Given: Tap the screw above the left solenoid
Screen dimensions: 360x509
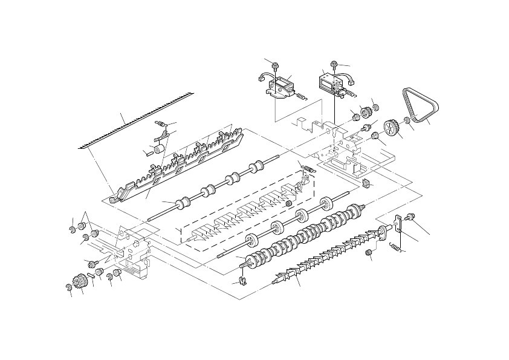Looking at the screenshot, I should (276, 62).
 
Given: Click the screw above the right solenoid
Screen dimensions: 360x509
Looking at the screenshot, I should (334, 63).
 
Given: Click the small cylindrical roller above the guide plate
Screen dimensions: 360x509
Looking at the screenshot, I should (160, 149).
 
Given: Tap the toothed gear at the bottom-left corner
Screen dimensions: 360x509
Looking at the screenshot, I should (77, 283).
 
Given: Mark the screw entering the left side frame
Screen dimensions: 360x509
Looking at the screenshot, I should (92, 263).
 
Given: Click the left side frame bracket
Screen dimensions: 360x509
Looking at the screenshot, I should (133, 254).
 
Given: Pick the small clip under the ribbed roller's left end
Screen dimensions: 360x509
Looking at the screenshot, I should (241, 280).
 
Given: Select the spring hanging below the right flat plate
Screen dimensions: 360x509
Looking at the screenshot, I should (394, 246).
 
